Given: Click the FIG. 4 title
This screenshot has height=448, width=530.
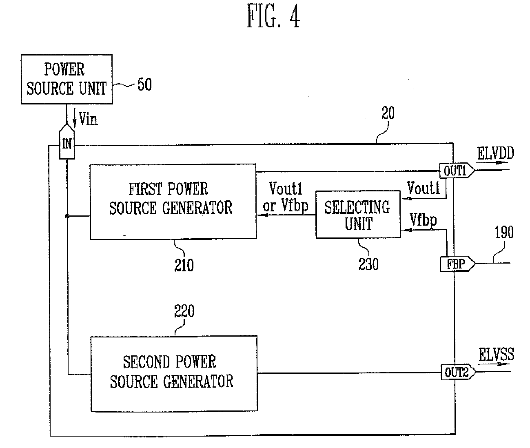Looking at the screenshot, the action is tap(273, 16).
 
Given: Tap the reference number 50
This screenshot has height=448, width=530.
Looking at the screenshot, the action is tap(144, 84).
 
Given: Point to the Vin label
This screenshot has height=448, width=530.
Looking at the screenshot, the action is tap(88, 119).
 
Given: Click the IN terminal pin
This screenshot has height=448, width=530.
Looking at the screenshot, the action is tap(67, 142).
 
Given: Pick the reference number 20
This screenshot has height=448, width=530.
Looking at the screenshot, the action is tap(388, 113).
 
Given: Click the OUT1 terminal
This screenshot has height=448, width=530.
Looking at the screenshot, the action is tap(457, 170).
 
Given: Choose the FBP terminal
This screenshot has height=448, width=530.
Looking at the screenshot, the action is tap(458, 264).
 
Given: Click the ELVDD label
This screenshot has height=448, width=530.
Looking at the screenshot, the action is tap(496, 153).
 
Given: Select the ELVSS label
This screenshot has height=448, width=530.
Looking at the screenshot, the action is tap(497, 354).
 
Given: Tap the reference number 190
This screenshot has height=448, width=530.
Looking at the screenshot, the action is tap(504, 232).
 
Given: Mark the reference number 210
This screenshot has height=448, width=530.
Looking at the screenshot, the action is tap(184, 265).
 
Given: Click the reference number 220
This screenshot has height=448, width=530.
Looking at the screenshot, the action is tap(184, 311).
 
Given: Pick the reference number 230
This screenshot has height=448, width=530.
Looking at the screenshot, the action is tap(368, 264).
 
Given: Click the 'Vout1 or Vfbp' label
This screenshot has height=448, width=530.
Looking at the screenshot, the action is tap(286, 197).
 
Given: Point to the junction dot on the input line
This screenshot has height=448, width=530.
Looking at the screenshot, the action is tap(67, 216).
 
